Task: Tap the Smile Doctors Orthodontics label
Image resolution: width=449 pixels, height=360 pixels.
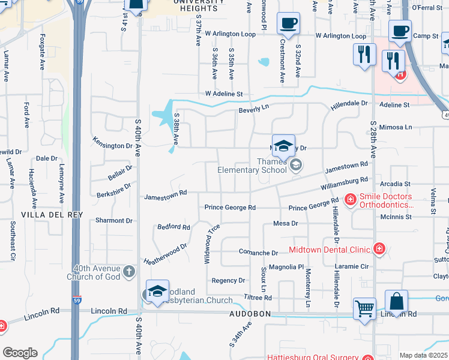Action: point(385,200)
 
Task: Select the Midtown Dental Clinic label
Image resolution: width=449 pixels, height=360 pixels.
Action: point(330,249)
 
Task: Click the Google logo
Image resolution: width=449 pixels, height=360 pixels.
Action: point(20,353)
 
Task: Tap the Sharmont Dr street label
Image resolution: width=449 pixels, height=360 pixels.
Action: point(109,221)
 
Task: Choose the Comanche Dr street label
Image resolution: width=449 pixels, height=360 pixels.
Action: point(258,253)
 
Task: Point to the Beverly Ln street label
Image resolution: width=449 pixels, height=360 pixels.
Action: point(253,110)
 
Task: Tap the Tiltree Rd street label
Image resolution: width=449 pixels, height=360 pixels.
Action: point(259,297)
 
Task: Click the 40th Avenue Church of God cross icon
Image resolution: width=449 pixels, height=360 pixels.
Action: point(129,272)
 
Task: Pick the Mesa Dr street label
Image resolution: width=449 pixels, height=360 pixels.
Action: point(285,223)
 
